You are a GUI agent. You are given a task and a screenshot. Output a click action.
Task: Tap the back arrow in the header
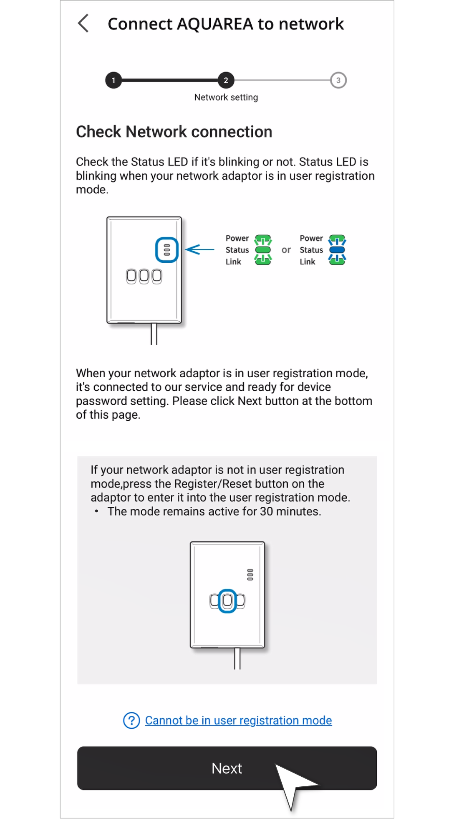point(83,23)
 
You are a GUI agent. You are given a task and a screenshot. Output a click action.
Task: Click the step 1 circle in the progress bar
point(113,80)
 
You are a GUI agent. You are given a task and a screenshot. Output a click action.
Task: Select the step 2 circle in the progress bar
point(226,80)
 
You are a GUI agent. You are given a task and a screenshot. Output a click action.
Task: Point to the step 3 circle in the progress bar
point(338,80)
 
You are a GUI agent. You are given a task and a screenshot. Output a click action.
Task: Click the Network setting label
point(226,97)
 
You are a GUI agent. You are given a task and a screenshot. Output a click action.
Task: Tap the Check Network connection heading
point(174,132)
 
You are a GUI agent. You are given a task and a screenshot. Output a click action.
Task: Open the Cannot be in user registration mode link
point(238,720)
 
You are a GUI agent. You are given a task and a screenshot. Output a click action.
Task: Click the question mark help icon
point(131,720)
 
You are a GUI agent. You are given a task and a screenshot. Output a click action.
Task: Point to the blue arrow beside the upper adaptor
point(199,250)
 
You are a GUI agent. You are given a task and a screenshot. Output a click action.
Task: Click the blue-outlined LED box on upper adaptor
point(167,250)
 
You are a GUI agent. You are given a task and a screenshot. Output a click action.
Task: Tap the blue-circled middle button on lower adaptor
point(227,601)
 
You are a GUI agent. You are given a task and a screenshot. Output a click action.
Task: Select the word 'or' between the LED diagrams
point(286,250)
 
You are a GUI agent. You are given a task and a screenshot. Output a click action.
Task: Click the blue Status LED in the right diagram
point(337,250)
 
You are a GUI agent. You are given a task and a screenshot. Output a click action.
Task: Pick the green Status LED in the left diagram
point(263,250)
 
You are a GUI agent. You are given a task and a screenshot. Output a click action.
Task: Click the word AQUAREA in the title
point(215,24)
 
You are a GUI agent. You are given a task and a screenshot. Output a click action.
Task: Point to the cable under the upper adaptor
point(154,334)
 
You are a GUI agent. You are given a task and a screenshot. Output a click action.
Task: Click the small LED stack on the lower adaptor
point(250,575)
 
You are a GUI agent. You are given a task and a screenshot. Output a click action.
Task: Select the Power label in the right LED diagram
point(311,238)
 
